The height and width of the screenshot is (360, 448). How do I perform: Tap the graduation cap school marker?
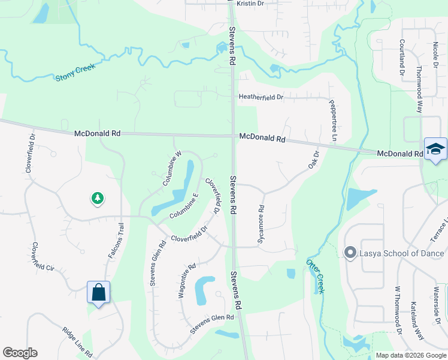(x=435, y=149)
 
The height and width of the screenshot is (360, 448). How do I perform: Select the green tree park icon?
(x=97, y=197)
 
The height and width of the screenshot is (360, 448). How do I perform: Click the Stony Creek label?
(x=75, y=76)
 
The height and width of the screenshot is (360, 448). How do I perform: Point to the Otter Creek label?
(x=314, y=276)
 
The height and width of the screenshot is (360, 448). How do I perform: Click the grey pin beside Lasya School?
(x=350, y=253)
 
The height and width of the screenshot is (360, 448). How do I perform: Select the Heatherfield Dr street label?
(x=261, y=97)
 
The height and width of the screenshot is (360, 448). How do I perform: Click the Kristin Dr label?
(x=250, y=4)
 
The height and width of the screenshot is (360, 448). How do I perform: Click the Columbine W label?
(x=171, y=167)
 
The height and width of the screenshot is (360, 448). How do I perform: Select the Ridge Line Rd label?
(x=77, y=341)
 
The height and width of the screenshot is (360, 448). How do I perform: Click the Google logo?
(x=20, y=353)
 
